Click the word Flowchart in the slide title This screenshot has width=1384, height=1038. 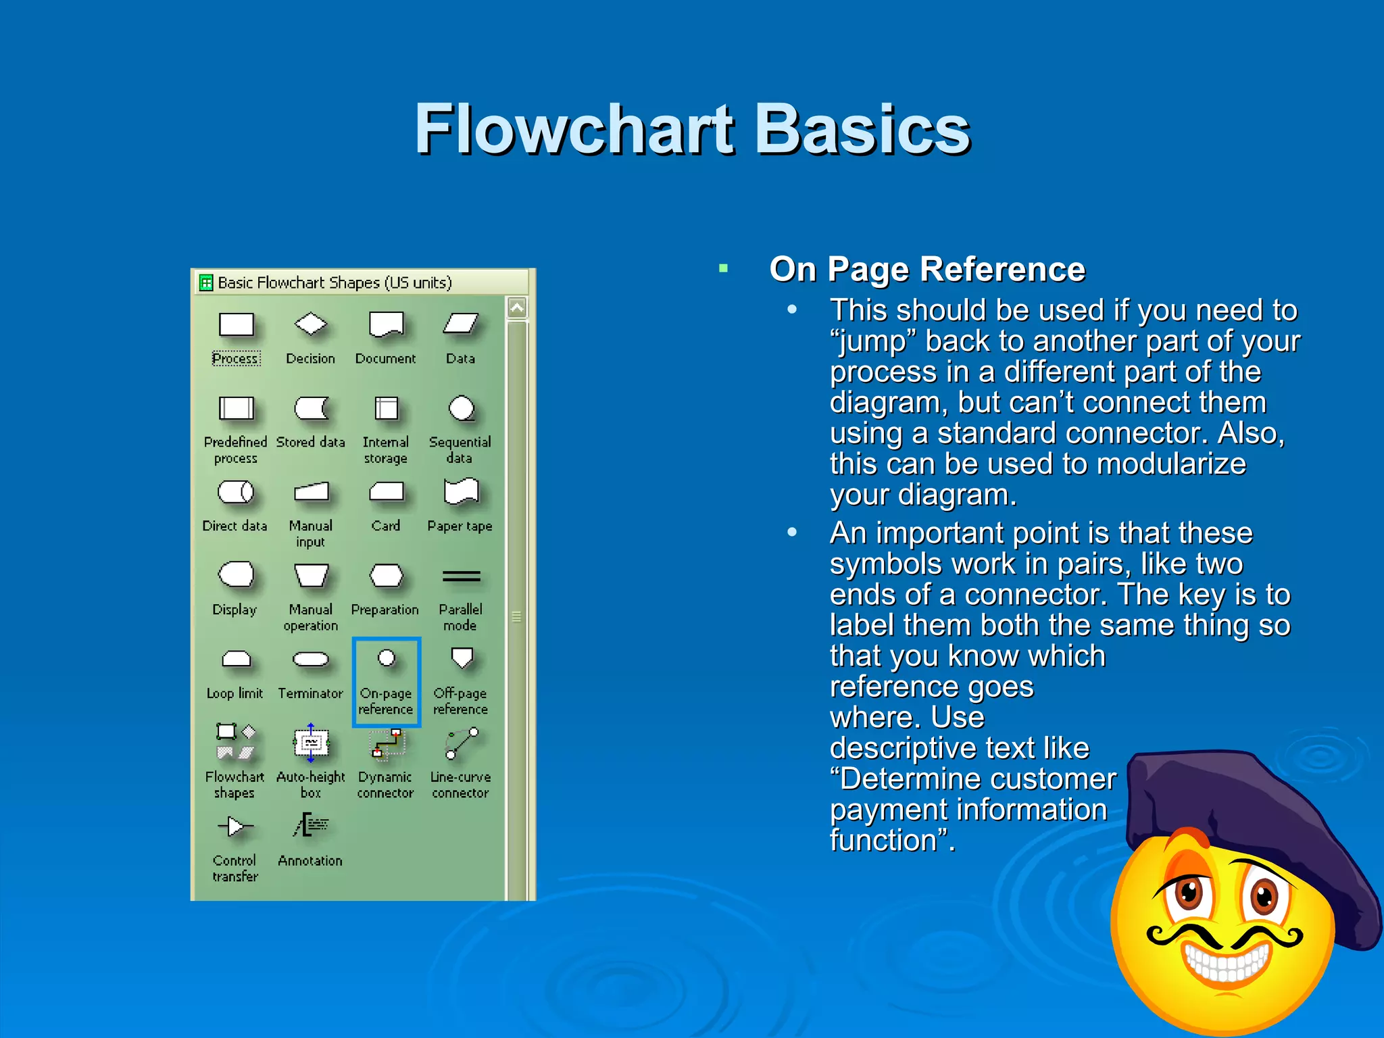pos(574,130)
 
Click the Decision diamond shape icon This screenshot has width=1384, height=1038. pos(311,324)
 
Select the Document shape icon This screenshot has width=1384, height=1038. pos(386,324)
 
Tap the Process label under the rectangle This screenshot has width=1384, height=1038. pos(235,359)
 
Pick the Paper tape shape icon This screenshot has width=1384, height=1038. pos(461,491)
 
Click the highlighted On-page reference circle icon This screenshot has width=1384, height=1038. pos(387,658)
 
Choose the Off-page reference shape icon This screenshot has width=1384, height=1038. pos(462,658)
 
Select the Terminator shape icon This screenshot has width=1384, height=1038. pos(311,659)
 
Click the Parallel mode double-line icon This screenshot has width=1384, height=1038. pos(461,576)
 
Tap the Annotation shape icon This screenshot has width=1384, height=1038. pos(311,826)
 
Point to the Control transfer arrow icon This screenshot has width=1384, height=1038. pos(235,826)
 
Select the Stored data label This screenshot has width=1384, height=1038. pos(310,442)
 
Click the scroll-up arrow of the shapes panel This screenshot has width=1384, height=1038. pos(517,308)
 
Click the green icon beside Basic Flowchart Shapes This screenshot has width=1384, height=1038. pos(206,282)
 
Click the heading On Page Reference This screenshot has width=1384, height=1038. pos(926,270)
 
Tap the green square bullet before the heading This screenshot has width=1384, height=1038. pos(723,269)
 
